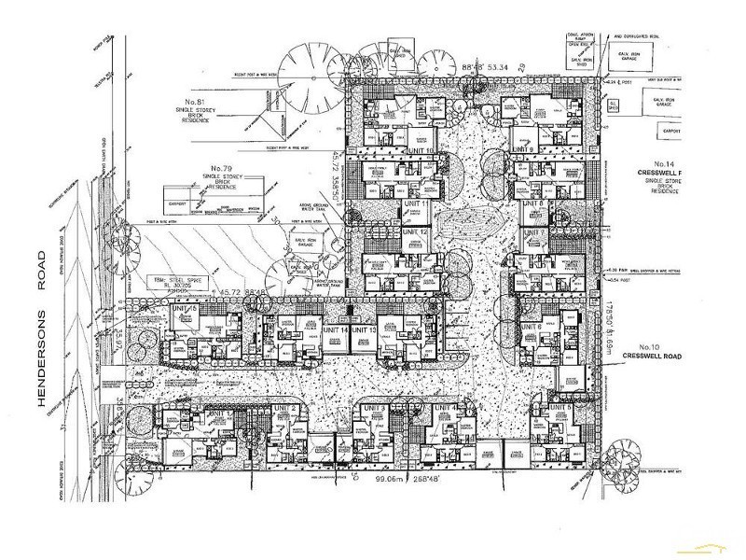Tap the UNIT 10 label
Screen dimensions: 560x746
pos(421,149)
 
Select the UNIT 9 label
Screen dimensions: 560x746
pos(523,149)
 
